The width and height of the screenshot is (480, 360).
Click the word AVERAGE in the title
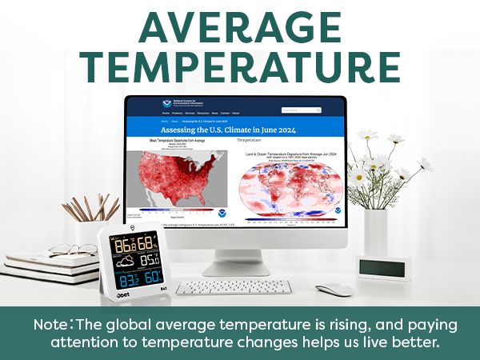[239, 27]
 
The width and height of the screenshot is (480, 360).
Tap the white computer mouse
[334, 289]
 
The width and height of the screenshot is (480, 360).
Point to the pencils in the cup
[86, 207]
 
